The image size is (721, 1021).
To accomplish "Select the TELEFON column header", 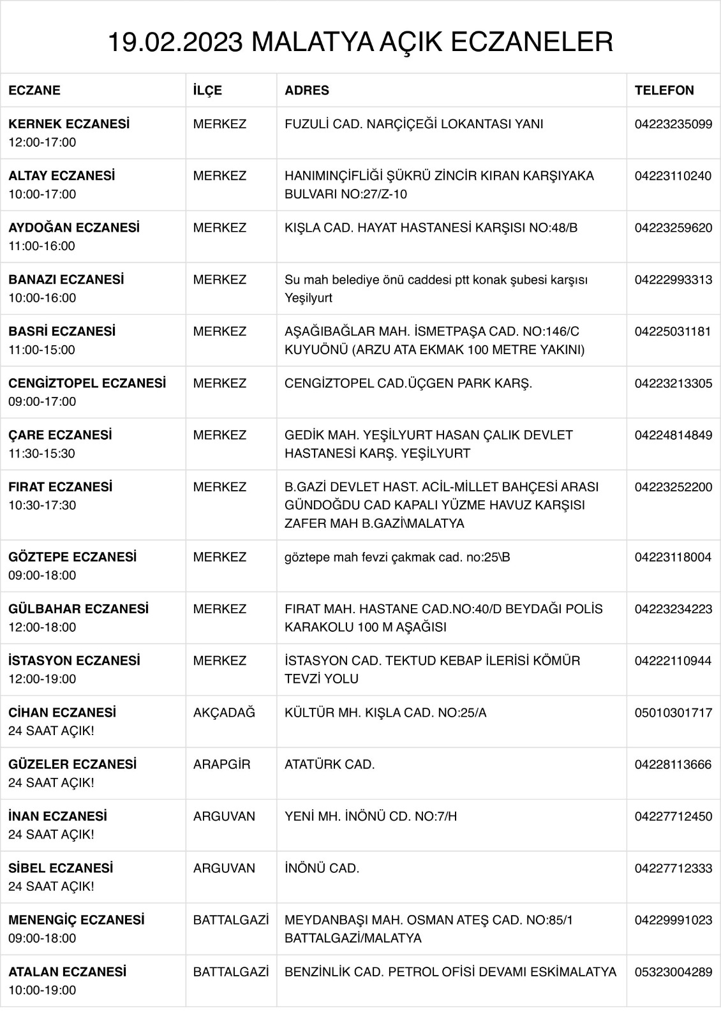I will click(x=664, y=90).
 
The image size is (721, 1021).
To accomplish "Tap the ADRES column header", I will click(x=306, y=90).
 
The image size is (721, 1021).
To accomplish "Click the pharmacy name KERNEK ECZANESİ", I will click(x=69, y=124).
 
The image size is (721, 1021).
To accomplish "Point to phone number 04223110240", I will click(x=673, y=175).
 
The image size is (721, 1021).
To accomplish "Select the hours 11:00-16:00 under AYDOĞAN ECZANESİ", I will click(x=41, y=246).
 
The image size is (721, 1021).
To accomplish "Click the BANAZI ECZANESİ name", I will click(x=66, y=279).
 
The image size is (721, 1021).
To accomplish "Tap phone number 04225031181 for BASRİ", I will click(x=673, y=331).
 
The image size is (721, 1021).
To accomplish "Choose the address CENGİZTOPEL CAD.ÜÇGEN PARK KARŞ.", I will click(x=408, y=383).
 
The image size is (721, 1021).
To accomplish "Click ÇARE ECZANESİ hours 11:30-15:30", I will click(x=41, y=453).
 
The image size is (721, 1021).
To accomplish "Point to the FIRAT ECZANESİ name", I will click(x=60, y=487).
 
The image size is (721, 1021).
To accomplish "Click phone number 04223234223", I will click(x=673, y=609).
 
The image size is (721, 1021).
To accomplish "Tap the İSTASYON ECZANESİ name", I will click(x=74, y=660).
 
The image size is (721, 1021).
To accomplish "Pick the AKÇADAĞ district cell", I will click(x=224, y=712).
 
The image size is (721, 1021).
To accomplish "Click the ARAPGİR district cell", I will click(x=221, y=764).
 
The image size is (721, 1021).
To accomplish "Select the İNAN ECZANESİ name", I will click(x=57, y=816).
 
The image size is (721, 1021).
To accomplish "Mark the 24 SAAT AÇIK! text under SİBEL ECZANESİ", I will click(x=51, y=886).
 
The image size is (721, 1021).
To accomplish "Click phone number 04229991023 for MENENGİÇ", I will click(x=673, y=920).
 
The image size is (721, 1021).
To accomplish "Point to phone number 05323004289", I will click(x=673, y=972).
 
